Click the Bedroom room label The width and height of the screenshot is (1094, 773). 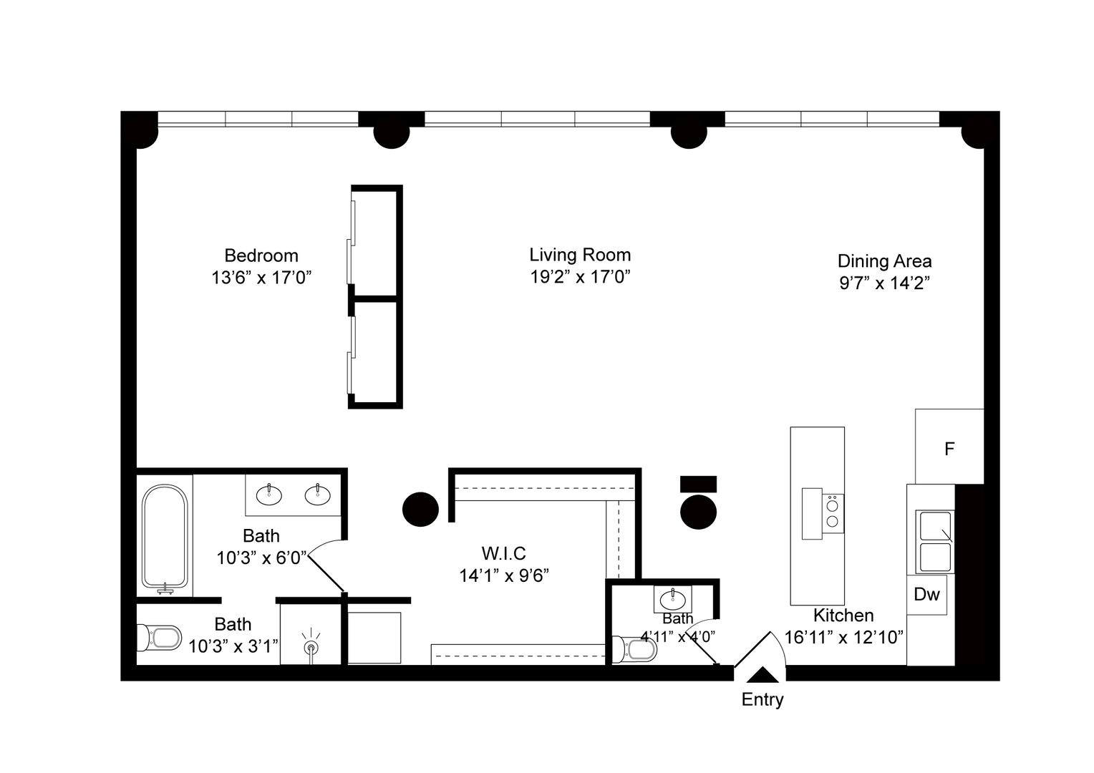pos(261,256)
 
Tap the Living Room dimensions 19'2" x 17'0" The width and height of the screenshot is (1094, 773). pos(580,278)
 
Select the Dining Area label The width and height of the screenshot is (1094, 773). pos(884,261)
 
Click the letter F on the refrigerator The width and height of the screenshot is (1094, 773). pos(949,449)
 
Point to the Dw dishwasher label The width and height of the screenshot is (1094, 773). pos(927,594)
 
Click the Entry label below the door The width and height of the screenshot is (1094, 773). pos(763,700)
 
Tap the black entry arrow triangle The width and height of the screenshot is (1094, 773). pos(763,675)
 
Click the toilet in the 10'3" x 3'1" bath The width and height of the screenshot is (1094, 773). pos(159,638)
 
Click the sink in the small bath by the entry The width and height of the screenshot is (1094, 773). pos(673,598)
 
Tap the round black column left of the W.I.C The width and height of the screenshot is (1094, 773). pos(420,510)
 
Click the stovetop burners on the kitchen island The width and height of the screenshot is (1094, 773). pos(833,512)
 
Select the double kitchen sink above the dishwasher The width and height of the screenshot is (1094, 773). pos(935,541)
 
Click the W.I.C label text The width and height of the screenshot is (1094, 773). pos(503,553)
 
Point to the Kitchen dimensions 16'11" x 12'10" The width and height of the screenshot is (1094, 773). pos(844,637)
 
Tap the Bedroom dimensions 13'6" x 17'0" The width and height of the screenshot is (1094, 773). pos(261,278)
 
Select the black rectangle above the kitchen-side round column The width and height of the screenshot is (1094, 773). pos(698,484)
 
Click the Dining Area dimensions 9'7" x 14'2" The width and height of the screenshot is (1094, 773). pos(884,283)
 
